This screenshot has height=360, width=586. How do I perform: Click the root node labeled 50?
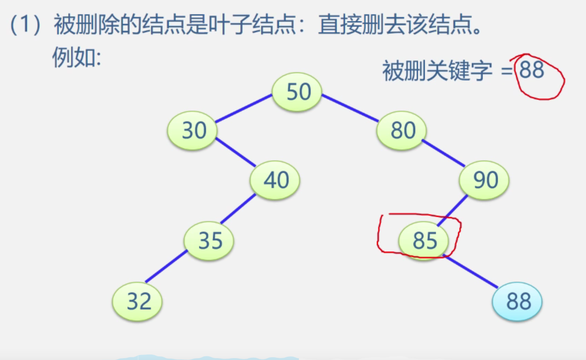297,92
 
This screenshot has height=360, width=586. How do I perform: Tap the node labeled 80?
402,131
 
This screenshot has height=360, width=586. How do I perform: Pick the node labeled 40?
275,180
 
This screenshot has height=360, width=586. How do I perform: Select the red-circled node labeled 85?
424,240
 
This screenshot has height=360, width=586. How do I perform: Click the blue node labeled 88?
517,302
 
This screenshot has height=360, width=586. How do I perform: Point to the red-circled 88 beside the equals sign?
532,72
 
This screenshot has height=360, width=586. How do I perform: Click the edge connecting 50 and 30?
243,109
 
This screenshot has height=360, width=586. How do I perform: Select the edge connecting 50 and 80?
350,108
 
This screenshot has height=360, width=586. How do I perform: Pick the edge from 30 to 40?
235,153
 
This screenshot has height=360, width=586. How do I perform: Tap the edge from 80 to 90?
443,153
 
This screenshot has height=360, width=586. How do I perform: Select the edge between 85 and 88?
471,272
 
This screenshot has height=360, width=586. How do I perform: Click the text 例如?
76,58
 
